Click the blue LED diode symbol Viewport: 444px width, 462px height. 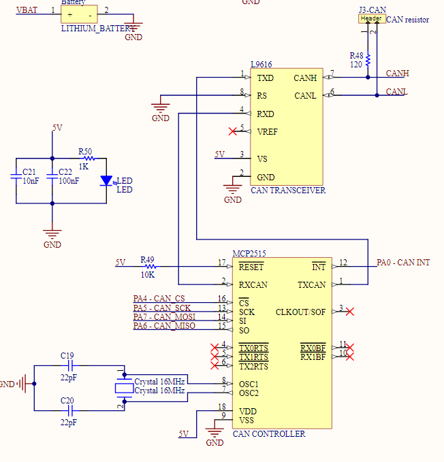click(x=106, y=180)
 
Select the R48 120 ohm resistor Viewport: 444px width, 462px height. click(x=368, y=60)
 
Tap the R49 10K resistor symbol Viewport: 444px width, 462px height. click(x=148, y=266)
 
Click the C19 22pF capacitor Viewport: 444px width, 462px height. click(x=67, y=365)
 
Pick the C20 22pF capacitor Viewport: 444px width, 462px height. click(x=67, y=410)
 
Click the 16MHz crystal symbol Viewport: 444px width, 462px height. click(x=123, y=388)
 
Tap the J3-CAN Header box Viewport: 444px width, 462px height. click(x=372, y=19)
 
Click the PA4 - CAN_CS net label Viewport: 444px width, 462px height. click(x=159, y=299)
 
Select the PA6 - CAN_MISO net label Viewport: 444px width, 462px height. click(x=164, y=326)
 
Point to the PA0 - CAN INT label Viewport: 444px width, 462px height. click(x=403, y=263)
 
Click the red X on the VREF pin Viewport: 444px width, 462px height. click(x=234, y=131)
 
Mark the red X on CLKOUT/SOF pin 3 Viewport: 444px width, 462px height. click(x=349, y=312)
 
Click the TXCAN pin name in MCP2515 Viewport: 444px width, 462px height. click(x=311, y=284)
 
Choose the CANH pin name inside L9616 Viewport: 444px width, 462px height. click(x=304, y=78)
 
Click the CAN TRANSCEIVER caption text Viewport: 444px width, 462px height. click(x=288, y=191)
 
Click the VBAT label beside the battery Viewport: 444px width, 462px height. click(x=27, y=10)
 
